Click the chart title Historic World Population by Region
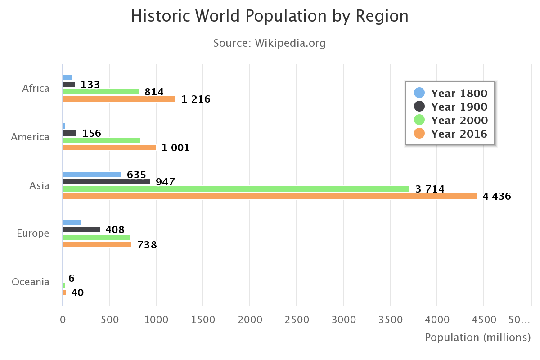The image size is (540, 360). [x=270, y=16]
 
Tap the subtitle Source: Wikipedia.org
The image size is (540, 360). [x=269, y=43]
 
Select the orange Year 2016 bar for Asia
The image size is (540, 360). [x=270, y=196]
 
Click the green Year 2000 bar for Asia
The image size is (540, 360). [x=236, y=189]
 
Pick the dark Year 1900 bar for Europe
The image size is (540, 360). [x=81, y=229]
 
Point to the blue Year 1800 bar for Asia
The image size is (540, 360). [x=92, y=175]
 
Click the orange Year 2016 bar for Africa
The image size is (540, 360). [x=119, y=99]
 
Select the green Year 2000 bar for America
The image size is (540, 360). [x=102, y=140]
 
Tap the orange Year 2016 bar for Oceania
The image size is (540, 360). [x=64, y=292]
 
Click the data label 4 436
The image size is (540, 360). [x=497, y=196]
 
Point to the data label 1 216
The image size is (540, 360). [x=196, y=99]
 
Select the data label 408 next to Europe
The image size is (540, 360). [x=115, y=229]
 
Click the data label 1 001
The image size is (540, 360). [x=175, y=148]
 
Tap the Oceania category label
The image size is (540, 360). [x=31, y=282]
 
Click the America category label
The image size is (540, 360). [x=30, y=137]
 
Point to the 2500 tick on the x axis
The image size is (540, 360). [x=297, y=319]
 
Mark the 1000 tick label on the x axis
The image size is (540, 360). [x=156, y=319]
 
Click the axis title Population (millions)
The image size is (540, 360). [x=477, y=337]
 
